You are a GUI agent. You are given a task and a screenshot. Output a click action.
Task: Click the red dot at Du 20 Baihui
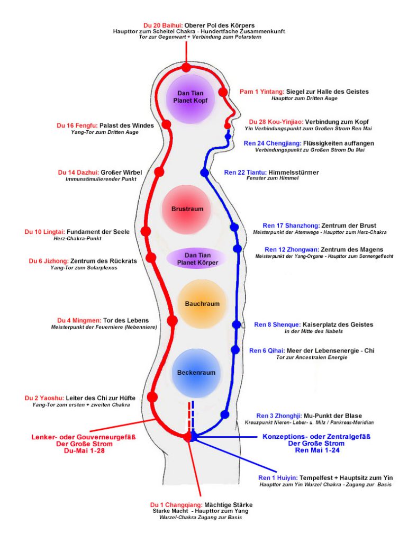(186, 67)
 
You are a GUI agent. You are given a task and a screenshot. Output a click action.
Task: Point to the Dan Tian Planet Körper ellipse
(196, 258)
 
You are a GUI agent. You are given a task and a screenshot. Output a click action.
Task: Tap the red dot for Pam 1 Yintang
(223, 92)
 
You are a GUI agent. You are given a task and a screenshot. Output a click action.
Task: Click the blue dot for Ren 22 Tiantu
(205, 173)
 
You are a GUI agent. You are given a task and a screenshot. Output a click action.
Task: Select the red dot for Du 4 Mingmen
(172, 321)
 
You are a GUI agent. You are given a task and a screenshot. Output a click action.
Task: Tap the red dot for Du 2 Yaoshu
(153, 397)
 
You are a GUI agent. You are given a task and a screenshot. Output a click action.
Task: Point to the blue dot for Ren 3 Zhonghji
(225, 414)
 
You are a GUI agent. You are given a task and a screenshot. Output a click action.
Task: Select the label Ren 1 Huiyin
(275, 477)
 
